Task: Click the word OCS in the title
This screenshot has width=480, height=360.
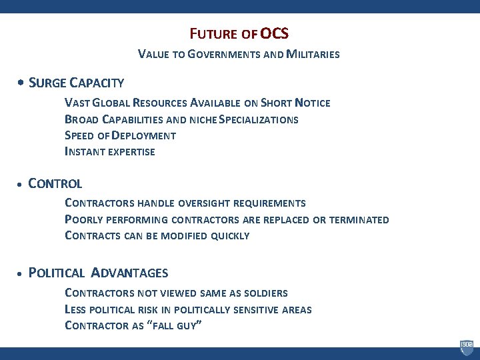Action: click(274, 33)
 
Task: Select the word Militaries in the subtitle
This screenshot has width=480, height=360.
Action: click(311, 54)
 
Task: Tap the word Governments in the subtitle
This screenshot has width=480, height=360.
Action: click(221, 54)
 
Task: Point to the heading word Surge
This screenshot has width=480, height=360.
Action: click(48, 83)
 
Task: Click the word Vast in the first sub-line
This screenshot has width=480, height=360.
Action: click(77, 103)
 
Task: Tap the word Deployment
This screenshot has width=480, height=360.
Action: click(145, 136)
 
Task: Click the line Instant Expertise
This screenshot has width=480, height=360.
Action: click(109, 152)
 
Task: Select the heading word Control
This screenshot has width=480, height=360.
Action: click(55, 183)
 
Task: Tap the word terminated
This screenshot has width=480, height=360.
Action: click(359, 219)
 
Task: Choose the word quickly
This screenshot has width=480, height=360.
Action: click(230, 236)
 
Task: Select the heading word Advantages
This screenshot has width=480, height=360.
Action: click(129, 273)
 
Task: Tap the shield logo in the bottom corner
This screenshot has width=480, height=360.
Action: click(466, 348)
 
